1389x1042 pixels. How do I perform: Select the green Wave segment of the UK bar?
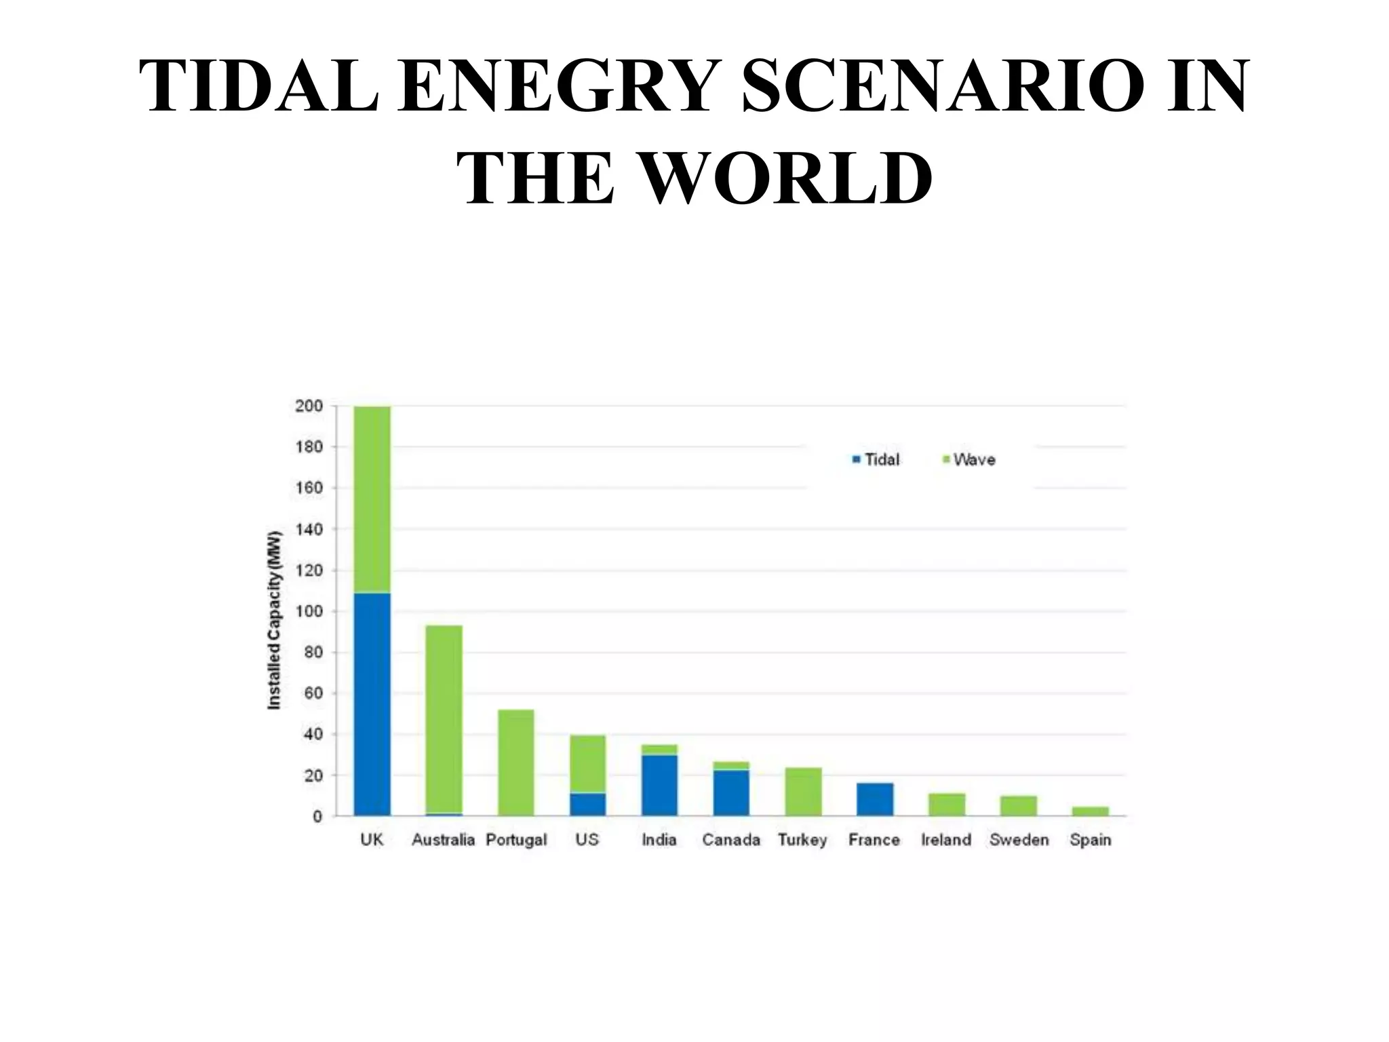coord(372,499)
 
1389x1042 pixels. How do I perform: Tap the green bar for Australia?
coord(444,719)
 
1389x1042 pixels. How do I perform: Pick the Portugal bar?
coord(515,763)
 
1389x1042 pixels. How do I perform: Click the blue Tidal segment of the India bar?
coord(659,786)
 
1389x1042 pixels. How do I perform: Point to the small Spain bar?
coord(1090,811)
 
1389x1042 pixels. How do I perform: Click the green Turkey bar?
coord(803,792)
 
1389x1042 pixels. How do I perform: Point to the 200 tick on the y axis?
coord(309,406)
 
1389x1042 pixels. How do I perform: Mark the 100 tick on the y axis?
coord(309,611)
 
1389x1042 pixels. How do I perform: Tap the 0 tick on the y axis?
coord(317,817)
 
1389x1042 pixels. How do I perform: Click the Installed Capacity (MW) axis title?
coord(274,619)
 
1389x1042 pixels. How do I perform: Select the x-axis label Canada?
coord(730,840)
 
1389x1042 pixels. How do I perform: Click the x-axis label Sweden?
coord(1019,840)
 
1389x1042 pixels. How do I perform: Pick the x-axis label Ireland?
coord(945,840)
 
